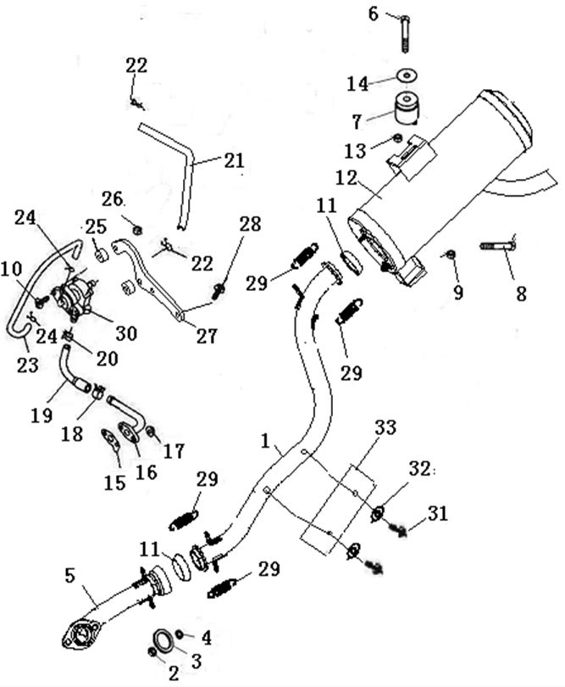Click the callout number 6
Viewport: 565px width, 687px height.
(x=374, y=13)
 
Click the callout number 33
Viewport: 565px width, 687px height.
(x=385, y=427)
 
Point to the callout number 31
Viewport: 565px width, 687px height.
(x=438, y=513)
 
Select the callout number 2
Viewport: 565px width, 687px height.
(x=173, y=673)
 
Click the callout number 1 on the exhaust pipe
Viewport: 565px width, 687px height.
(x=265, y=442)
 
